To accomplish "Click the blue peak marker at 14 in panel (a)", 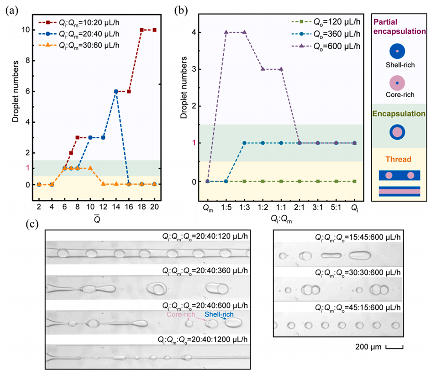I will point(116,91).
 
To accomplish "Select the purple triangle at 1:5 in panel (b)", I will point(226,32).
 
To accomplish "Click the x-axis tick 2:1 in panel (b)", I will point(299,206).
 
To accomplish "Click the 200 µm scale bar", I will point(394,348).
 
